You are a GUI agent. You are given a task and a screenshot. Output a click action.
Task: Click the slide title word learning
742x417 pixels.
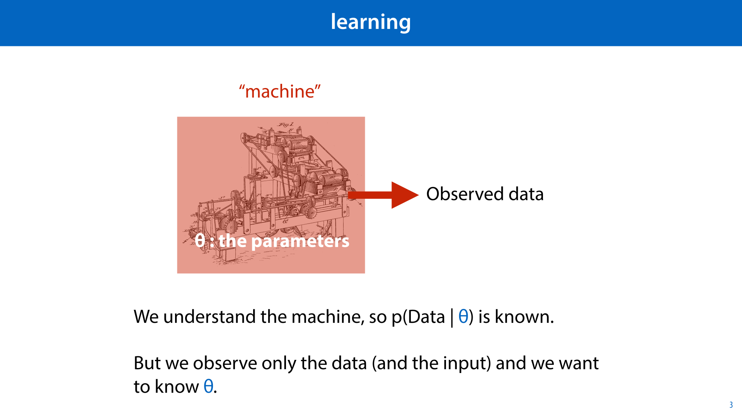pos(370,22)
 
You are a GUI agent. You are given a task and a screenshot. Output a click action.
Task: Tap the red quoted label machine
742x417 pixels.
pos(280,92)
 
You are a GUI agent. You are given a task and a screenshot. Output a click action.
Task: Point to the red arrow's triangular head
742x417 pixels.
pos(404,195)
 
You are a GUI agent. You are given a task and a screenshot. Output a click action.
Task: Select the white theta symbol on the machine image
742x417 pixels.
pos(200,241)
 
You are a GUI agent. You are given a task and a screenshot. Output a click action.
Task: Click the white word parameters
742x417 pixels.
pos(300,241)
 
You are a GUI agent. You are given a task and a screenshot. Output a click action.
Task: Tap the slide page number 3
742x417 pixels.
pos(731,405)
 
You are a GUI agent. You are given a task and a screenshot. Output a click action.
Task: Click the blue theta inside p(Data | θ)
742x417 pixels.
pos(463,317)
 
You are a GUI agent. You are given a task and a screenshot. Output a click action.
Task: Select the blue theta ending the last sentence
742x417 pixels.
pos(208,386)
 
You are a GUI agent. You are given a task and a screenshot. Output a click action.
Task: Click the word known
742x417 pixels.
pos(524,317)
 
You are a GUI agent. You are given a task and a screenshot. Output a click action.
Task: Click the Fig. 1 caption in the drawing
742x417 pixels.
pos(286,124)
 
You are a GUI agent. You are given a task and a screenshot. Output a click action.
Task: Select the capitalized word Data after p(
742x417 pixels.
pos(426,317)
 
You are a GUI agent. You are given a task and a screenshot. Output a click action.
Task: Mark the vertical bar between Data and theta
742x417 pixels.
pos(452,317)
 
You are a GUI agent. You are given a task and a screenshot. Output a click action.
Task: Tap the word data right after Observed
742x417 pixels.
pos(526,194)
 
